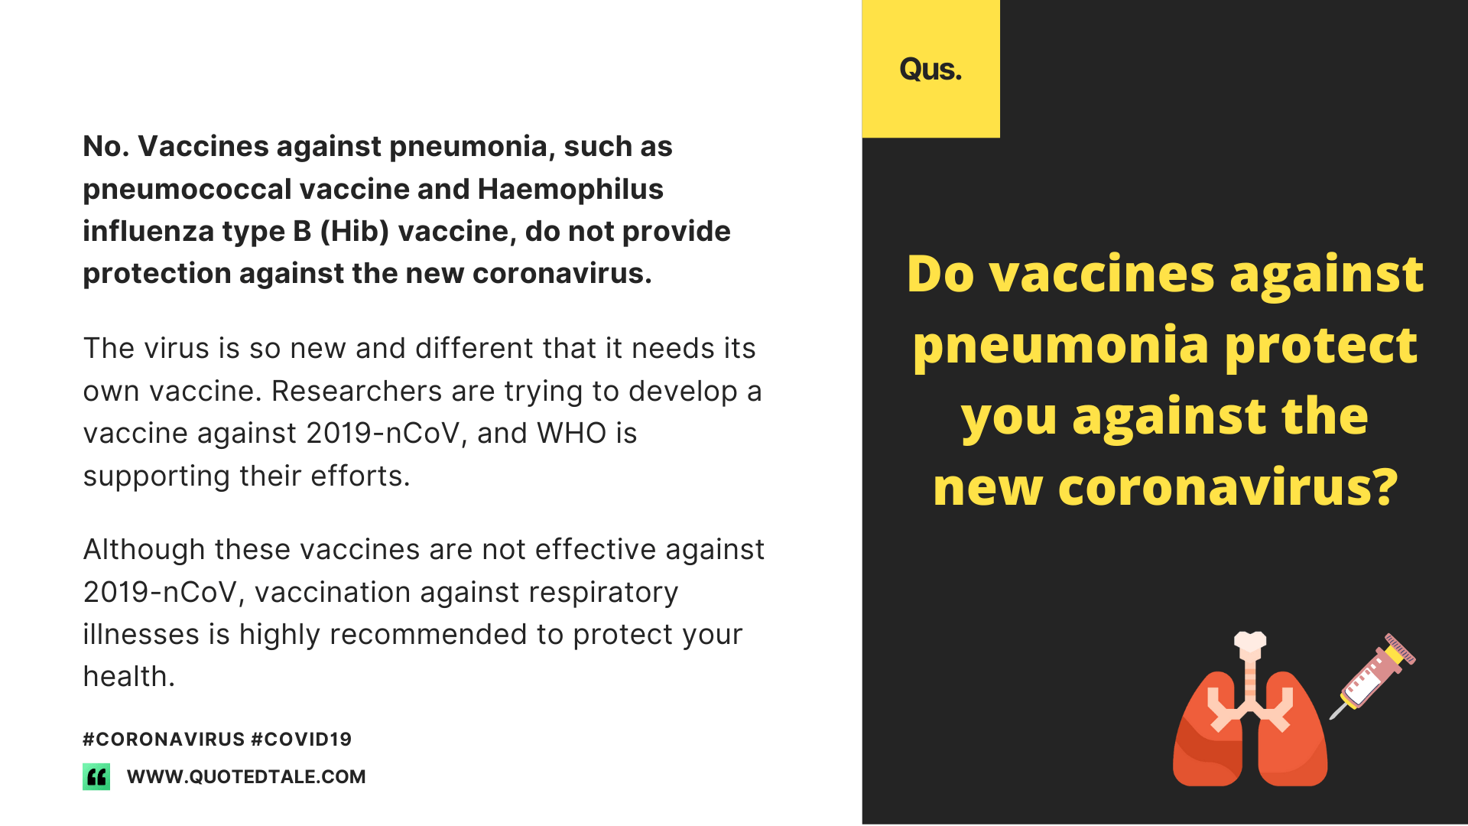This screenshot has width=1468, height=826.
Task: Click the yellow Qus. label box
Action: pyautogui.click(x=930, y=69)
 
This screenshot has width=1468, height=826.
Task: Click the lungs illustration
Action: pyautogui.click(x=1250, y=710)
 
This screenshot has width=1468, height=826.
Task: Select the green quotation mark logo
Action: pyautogui.click(x=96, y=776)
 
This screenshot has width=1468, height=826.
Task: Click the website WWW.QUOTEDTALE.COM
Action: pyautogui.click(x=246, y=776)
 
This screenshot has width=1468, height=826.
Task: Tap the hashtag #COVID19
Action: pyautogui.click(x=301, y=739)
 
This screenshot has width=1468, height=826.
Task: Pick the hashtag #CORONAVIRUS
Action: pyautogui.click(x=164, y=739)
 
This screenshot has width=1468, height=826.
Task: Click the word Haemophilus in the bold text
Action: pyautogui.click(x=570, y=190)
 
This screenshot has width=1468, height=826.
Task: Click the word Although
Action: pyautogui.click(x=145, y=551)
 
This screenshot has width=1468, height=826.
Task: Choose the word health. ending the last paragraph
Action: pyautogui.click(x=128, y=677)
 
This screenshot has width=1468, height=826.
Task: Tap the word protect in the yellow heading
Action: pyautogui.click(x=1321, y=346)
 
